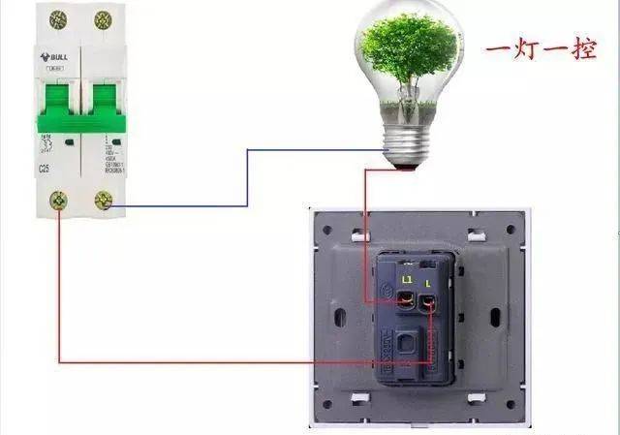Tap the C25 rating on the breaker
(45, 169)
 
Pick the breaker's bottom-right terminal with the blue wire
(103, 202)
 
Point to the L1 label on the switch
(407, 280)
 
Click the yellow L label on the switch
(428, 282)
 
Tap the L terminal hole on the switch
(429, 303)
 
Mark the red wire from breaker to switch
(194, 361)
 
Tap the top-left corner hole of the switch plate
(326, 231)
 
